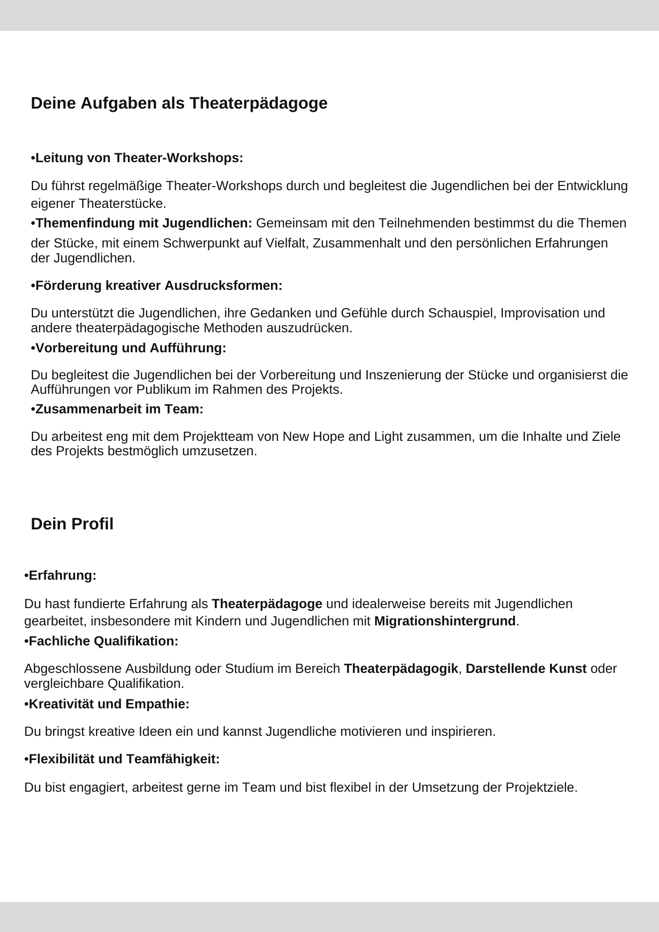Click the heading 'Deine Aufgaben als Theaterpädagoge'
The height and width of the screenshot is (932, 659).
[x=179, y=103]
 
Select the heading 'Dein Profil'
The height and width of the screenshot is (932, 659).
[x=72, y=524]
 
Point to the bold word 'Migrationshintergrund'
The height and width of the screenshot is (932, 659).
[x=445, y=621]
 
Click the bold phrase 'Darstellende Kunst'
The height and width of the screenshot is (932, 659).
[x=526, y=669]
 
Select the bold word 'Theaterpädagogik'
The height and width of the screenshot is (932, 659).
[x=401, y=669]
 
